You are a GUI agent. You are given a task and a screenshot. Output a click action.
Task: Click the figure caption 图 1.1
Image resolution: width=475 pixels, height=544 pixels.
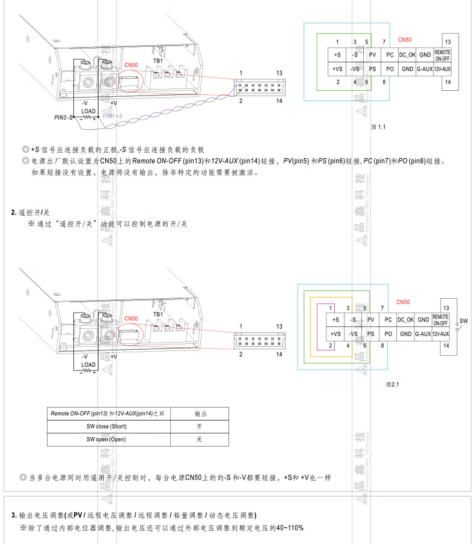point(379,127)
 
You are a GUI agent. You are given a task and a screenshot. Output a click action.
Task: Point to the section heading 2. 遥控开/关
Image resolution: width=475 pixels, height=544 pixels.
point(31,213)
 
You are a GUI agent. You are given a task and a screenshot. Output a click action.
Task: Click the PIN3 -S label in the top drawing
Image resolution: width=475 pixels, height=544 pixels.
point(63,117)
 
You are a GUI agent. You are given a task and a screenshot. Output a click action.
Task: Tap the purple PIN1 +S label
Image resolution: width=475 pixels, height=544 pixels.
point(113,116)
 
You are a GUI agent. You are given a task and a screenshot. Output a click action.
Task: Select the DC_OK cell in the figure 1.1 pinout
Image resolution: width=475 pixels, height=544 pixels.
point(407,55)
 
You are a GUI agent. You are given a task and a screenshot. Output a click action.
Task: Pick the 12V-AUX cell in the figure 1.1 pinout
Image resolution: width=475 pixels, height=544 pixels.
point(442,69)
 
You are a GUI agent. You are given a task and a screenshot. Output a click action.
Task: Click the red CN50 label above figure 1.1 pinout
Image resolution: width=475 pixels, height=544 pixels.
point(405,40)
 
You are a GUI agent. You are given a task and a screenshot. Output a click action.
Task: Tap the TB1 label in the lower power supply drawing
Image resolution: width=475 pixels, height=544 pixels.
point(158,314)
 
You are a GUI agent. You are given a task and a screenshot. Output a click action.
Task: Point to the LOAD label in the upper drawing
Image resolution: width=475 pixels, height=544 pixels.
point(88,111)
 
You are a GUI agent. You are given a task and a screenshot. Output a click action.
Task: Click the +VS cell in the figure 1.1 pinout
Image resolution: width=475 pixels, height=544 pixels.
point(337,69)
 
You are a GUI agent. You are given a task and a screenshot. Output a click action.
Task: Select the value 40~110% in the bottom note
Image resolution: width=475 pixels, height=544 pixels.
point(290,528)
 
